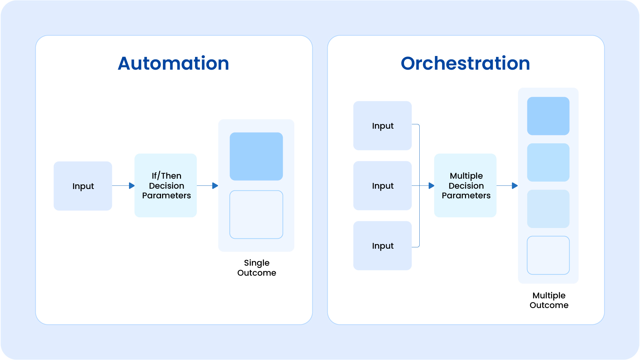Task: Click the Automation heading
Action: point(173,63)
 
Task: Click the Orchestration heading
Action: point(465,63)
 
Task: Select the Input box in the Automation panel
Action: point(83,186)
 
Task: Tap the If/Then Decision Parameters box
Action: point(166,185)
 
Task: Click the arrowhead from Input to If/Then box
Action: point(132,186)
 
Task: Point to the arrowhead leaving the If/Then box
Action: point(215,186)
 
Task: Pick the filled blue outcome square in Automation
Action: point(256,156)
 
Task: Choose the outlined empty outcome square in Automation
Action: point(256,215)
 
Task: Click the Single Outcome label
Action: point(257,268)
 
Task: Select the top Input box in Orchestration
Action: point(382,126)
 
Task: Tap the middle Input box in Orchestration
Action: point(382,186)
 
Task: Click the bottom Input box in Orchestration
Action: point(382,246)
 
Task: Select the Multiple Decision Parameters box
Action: point(465,185)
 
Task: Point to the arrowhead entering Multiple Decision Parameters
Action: point(432,186)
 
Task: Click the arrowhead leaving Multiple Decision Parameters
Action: point(515,186)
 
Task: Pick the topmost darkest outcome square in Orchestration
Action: point(548,116)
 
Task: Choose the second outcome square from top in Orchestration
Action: point(548,162)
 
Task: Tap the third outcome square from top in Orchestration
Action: point(548,209)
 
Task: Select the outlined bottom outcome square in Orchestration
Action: point(548,255)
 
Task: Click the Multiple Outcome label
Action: point(549,300)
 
